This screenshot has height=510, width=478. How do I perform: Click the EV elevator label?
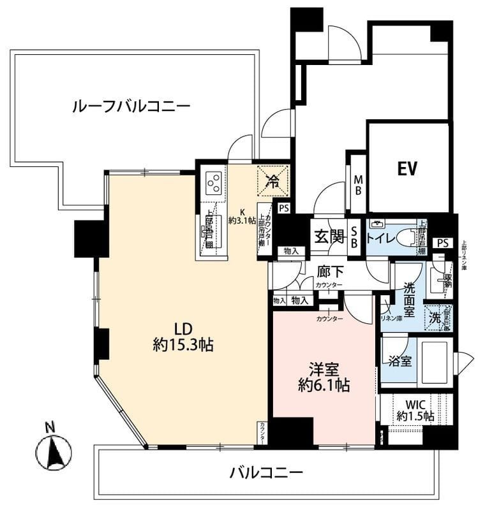pos(407,169)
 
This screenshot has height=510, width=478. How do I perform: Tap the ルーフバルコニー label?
pos(131,106)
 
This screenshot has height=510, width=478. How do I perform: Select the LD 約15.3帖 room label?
pos(183,337)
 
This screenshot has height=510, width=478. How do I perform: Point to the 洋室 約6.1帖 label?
pos(324,377)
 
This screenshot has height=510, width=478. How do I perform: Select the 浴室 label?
pos(400,360)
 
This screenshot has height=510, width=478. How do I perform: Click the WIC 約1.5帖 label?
pos(415,410)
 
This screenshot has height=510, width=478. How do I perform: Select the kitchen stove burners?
pos(214,183)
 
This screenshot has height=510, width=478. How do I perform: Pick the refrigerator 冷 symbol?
pos(273,180)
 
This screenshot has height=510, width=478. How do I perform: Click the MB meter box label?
pos(359,184)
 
